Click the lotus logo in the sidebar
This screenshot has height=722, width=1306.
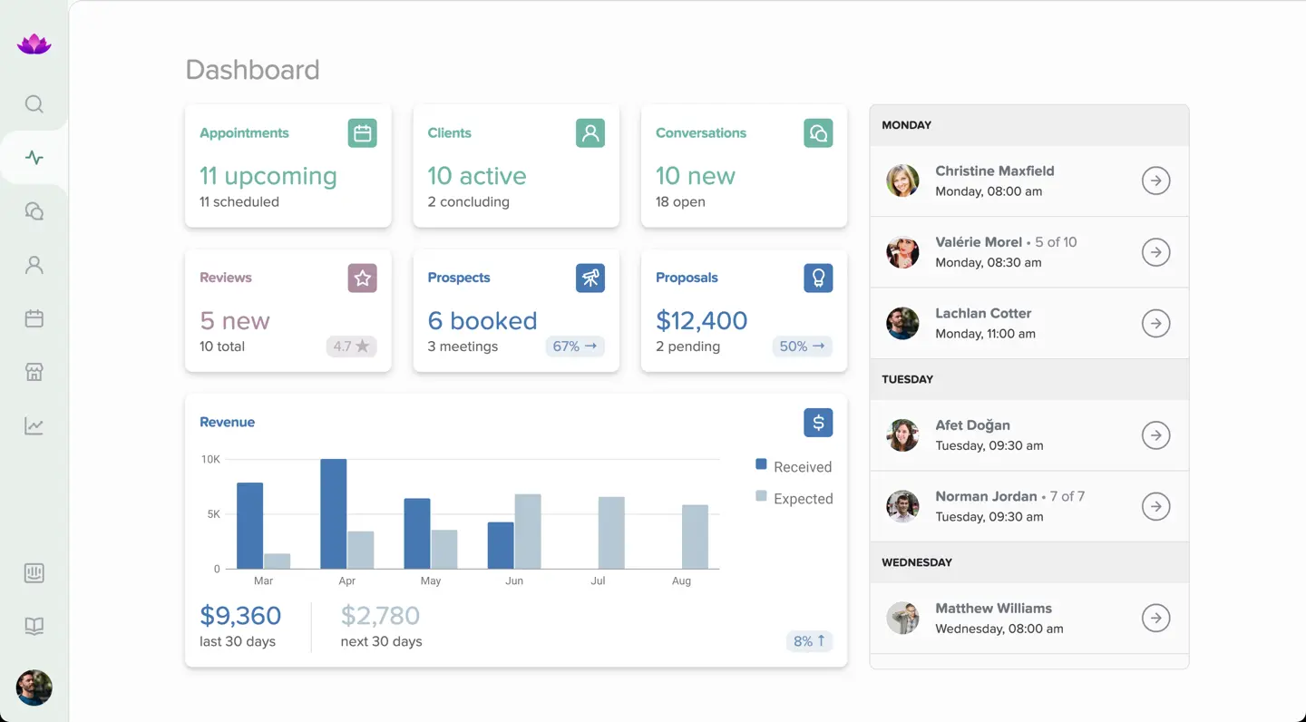click(x=34, y=44)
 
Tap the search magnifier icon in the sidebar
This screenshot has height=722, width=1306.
click(x=34, y=104)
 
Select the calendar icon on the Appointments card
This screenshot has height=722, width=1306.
click(x=363, y=133)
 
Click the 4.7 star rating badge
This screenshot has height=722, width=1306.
click(x=351, y=346)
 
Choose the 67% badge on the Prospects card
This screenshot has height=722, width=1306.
click(x=575, y=346)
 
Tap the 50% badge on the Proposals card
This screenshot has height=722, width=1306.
click(x=803, y=346)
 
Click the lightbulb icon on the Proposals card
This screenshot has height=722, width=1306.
click(x=818, y=278)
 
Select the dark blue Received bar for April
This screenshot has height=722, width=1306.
click(x=333, y=513)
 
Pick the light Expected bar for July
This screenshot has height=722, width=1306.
click(x=611, y=532)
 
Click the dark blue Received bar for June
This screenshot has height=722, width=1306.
click(x=500, y=545)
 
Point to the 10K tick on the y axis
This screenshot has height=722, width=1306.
click(x=210, y=460)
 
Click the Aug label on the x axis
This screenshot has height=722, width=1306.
click(x=681, y=581)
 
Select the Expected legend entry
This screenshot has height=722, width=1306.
click(x=794, y=498)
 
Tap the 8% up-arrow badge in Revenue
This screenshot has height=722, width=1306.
click(x=809, y=641)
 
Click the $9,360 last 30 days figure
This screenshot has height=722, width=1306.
click(x=240, y=616)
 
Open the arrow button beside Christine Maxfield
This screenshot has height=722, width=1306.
click(x=1155, y=181)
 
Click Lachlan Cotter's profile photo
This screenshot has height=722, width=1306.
click(x=902, y=324)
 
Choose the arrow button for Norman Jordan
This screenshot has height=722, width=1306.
click(x=1155, y=506)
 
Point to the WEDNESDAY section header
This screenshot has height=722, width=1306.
click(x=917, y=562)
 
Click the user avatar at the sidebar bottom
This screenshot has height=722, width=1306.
click(x=34, y=688)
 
